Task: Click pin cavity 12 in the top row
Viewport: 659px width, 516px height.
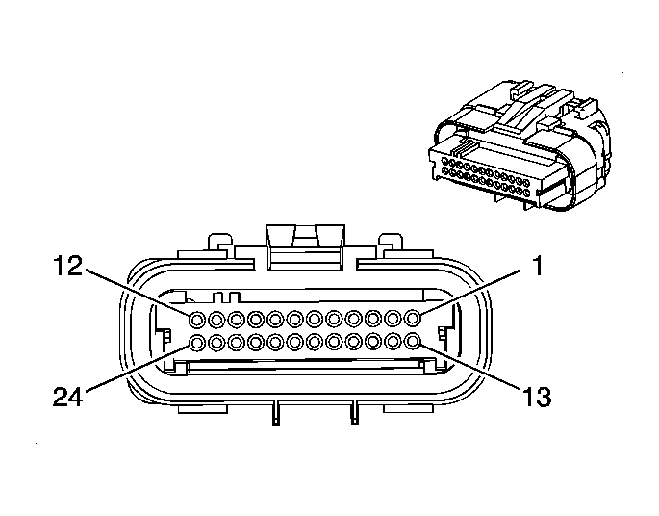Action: [196, 318]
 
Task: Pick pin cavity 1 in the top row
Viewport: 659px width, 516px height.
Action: [414, 318]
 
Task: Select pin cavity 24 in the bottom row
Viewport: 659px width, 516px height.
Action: [196, 342]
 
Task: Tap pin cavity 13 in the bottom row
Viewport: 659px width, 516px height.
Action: [414, 342]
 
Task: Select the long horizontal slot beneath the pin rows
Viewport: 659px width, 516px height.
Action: [305, 365]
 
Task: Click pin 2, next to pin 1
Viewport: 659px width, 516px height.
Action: [394, 318]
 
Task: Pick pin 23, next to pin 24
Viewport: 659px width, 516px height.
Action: [216, 342]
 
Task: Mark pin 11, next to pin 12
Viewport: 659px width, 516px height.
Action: [216, 318]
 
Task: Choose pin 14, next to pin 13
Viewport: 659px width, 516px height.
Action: [394, 342]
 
